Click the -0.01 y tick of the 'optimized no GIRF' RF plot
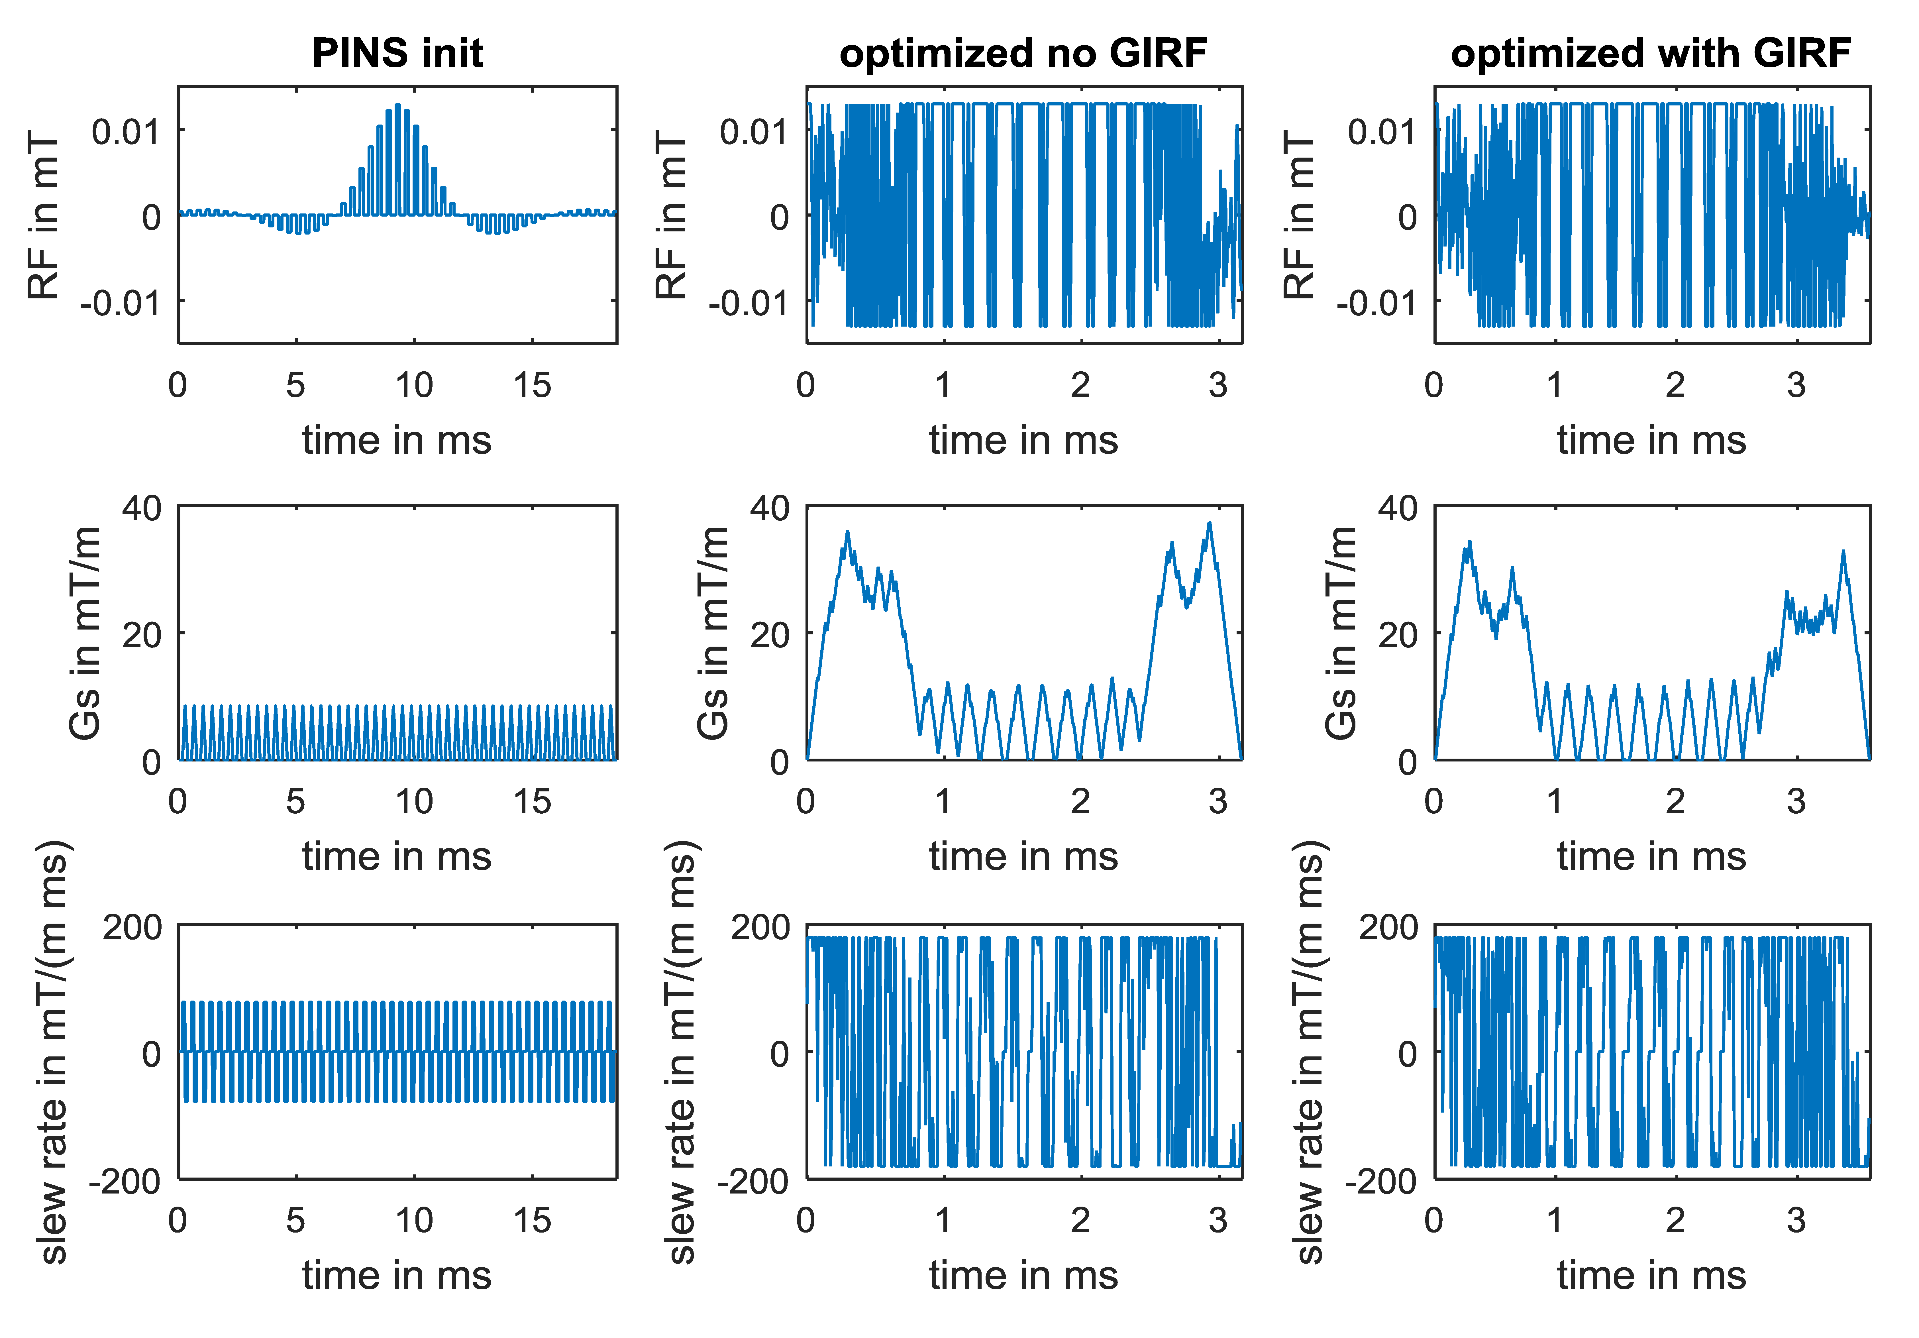[x=748, y=303]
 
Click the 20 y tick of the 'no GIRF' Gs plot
[x=770, y=635]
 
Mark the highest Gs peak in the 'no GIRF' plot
[x=1210, y=523]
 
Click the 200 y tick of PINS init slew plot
[x=132, y=928]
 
